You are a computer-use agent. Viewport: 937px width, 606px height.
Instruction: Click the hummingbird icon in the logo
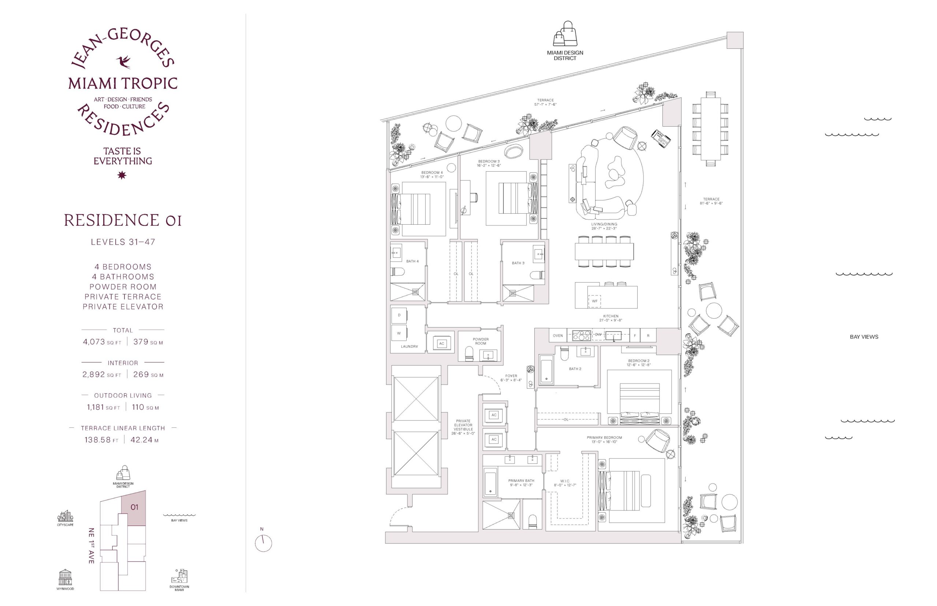(x=123, y=62)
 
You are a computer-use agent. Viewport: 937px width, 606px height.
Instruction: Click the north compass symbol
(x=263, y=543)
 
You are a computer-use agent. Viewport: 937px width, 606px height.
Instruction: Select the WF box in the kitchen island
(x=594, y=301)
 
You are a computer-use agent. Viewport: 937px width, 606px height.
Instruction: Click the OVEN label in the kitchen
(x=558, y=336)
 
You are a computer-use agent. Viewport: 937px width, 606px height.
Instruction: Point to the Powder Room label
(x=481, y=341)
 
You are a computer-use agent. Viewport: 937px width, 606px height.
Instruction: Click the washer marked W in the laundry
(x=399, y=333)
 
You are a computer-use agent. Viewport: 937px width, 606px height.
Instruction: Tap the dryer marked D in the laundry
(x=399, y=315)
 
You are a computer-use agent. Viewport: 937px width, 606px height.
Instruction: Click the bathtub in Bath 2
(x=546, y=370)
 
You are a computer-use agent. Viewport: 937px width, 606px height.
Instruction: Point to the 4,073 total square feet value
(x=94, y=342)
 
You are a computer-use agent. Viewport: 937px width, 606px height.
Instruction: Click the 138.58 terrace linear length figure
(x=98, y=440)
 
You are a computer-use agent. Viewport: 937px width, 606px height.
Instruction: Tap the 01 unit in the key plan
(x=134, y=508)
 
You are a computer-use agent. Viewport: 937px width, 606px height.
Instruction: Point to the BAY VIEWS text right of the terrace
(x=864, y=337)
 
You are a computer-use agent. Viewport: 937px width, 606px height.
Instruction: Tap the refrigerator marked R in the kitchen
(x=648, y=336)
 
